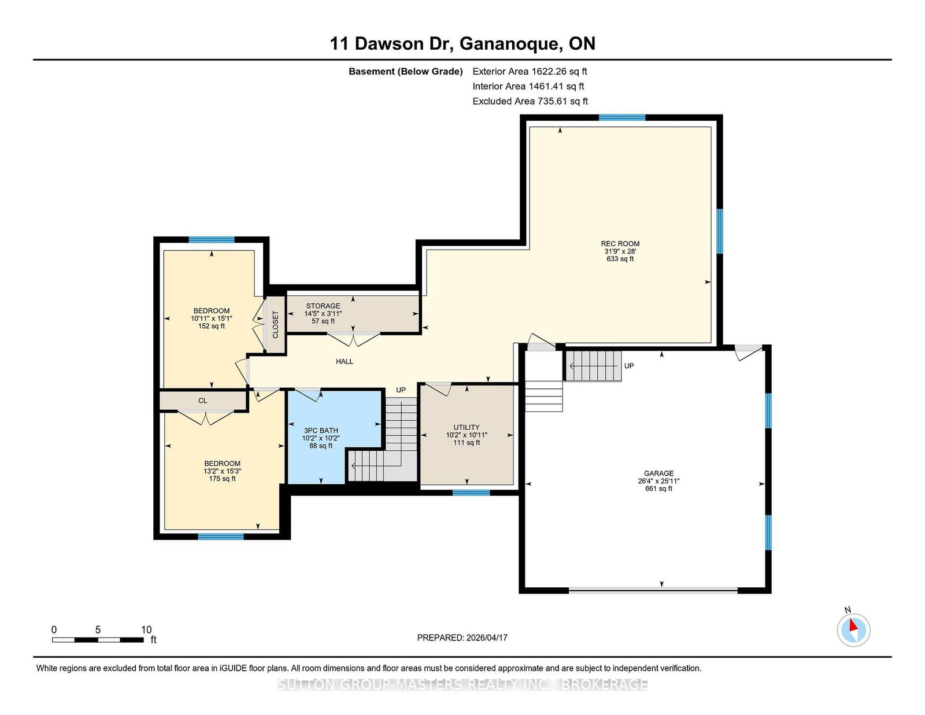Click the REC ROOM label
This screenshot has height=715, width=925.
coord(620,243)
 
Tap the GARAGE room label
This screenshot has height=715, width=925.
coord(658,473)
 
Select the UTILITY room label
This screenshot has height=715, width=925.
coord(467,427)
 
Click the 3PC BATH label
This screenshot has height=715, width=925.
coord(320,430)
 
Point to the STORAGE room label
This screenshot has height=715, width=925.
coord(323,306)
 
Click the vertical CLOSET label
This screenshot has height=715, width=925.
coord(275,324)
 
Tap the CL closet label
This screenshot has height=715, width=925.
coord(202,401)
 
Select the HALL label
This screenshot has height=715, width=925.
coord(345,361)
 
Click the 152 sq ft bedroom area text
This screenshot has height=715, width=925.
coord(212,326)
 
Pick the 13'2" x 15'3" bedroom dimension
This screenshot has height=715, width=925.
coord(222,471)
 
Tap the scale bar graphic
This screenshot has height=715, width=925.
coord(98,640)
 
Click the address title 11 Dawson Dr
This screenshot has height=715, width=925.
coord(391,43)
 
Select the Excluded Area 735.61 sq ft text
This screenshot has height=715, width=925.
coord(530,101)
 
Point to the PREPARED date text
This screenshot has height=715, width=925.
coord(462,638)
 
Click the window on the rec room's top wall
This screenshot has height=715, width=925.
coord(622,118)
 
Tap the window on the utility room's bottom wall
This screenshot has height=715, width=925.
coord(471,493)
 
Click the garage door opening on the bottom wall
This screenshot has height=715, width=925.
coord(653,590)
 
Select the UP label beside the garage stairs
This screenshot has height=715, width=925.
coord(629,365)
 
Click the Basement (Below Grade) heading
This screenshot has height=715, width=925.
coord(406,72)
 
